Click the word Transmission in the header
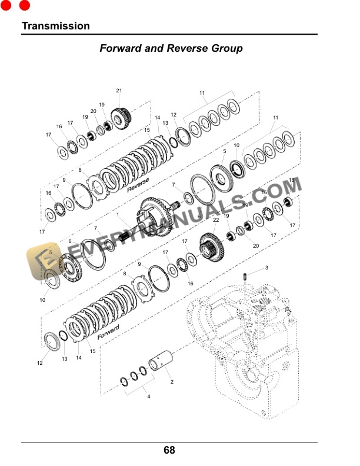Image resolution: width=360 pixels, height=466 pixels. [x=56, y=26]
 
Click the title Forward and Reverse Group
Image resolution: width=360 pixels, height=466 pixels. [x=171, y=48]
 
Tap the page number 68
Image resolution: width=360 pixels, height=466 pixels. [x=169, y=450]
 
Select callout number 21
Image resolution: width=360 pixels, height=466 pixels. [x=119, y=91]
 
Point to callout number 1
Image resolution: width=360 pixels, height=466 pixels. [x=118, y=215]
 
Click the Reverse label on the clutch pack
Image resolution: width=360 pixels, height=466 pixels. [x=138, y=185]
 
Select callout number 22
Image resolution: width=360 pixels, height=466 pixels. [x=216, y=220]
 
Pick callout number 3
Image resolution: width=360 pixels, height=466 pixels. [x=266, y=268]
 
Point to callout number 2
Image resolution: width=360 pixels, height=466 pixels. [x=172, y=382]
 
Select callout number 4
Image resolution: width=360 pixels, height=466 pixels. [x=149, y=397]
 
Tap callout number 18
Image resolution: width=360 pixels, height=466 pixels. [x=291, y=180]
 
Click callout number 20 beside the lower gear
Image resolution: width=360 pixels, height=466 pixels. [x=256, y=245]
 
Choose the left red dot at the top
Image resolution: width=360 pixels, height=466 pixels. [x=6, y=6]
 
